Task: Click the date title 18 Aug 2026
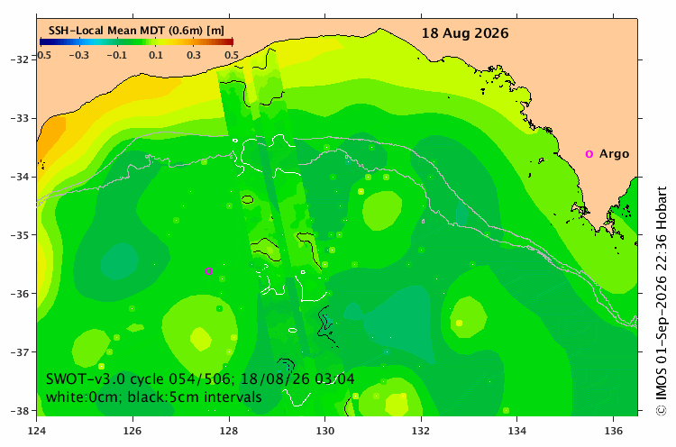pyautogui.click(x=465, y=33)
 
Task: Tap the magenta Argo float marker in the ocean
pyautogui.click(x=209, y=271)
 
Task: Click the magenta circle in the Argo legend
pyautogui.click(x=589, y=154)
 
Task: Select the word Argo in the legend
pyautogui.click(x=614, y=154)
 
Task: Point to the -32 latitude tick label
pyautogui.click(x=20, y=59)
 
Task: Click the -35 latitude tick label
pyautogui.click(x=20, y=235)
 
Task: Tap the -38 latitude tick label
pyautogui.click(x=20, y=410)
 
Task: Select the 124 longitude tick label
pyautogui.click(x=37, y=431)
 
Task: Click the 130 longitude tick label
pyautogui.click(x=324, y=431)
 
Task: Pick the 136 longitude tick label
pyautogui.click(x=613, y=431)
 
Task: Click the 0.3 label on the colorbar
pyautogui.click(x=194, y=55)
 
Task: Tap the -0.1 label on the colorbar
pyautogui.click(x=117, y=55)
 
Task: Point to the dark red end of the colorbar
pyautogui.click(x=230, y=41)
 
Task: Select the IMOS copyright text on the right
pyautogui.click(x=661, y=301)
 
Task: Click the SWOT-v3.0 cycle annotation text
pyautogui.click(x=200, y=379)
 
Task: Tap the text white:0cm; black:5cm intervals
pyautogui.click(x=153, y=397)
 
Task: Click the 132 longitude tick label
pyautogui.click(x=421, y=431)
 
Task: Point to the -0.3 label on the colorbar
pyautogui.click(x=79, y=55)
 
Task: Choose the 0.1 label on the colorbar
pyautogui.click(x=156, y=55)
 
